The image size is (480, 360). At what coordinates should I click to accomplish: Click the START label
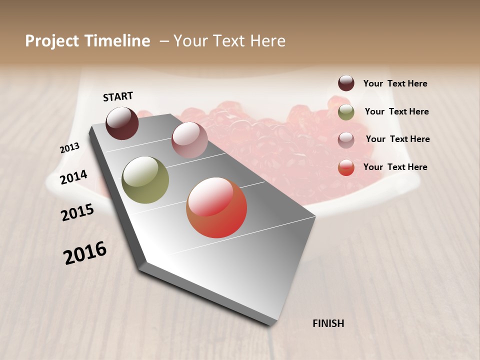point(118,96)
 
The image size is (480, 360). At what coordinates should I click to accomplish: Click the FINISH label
point(328,323)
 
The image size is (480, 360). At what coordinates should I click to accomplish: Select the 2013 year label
point(69,148)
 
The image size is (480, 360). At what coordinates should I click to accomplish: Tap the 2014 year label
point(73,177)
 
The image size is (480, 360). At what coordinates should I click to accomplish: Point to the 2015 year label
point(77,212)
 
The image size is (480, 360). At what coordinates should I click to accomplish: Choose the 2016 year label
point(85,253)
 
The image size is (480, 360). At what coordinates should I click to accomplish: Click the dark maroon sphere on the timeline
point(122,123)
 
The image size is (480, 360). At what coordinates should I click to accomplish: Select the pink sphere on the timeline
point(189,140)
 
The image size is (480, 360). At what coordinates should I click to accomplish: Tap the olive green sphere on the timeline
point(145,180)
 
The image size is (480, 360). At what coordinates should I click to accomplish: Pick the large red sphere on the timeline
point(216,207)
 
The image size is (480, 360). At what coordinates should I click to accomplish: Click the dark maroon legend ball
point(346,83)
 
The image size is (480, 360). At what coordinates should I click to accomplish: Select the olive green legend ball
point(346,112)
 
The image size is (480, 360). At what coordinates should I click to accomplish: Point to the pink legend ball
point(346,139)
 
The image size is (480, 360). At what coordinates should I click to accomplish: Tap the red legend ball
point(346,167)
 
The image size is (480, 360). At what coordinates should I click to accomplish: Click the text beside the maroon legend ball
point(395,83)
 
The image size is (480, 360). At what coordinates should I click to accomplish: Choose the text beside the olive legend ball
point(396,111)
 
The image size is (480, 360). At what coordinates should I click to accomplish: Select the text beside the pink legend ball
point(397,139)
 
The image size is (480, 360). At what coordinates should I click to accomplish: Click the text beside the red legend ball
point(395,167)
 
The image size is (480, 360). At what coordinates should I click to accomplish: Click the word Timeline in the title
point(117,41)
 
